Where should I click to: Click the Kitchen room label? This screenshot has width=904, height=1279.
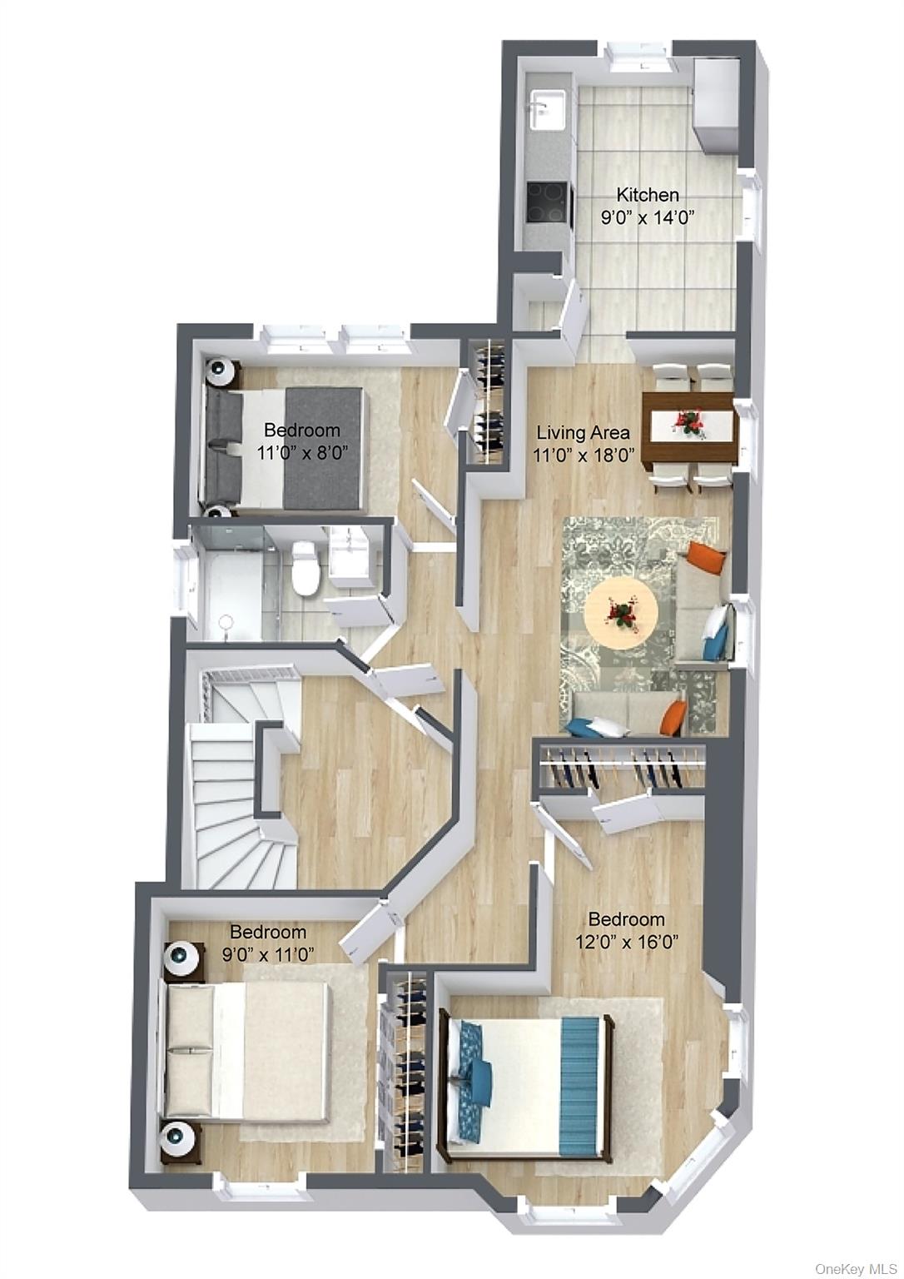tap(647, 195)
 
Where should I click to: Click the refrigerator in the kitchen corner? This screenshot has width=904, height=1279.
tap(716, 103)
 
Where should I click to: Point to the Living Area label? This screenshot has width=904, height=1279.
tap(583, 433)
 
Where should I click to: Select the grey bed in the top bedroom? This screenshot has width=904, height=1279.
tap(283, 448)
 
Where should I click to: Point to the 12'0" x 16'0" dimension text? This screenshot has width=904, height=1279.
tap(627, 943)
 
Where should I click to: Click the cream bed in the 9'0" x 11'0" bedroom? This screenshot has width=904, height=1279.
tap(246, 1049)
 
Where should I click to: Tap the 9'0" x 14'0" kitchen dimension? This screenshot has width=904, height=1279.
tap(647, 217)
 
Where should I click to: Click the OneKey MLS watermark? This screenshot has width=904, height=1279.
tap(856, 1269)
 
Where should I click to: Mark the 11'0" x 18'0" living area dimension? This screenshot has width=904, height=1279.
tap(584, 455)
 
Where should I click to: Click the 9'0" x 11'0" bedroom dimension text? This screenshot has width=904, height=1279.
tap(268, 955)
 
